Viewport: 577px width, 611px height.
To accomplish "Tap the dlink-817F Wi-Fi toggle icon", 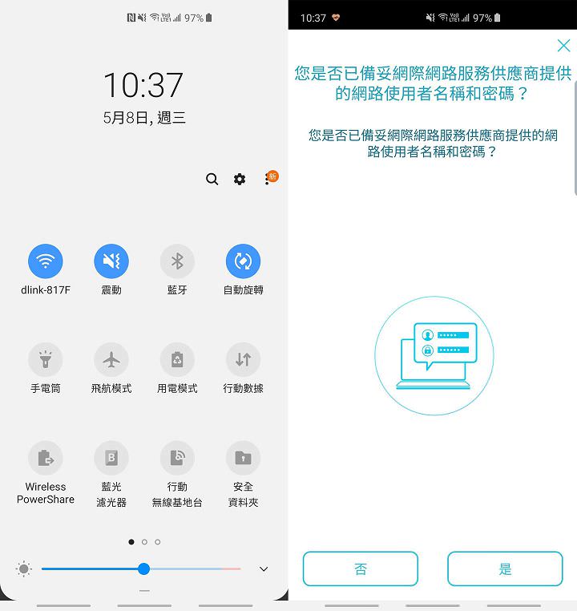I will pyautogui.click(x=46, y=261).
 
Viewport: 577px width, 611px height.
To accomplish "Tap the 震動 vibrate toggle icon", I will pyautogui.click(x=111, y=261).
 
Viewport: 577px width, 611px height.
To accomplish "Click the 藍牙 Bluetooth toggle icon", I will pyautogui.click(x=177, y=261).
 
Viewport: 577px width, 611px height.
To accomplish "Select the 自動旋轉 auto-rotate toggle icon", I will pyautogui.click(x=243, y=261).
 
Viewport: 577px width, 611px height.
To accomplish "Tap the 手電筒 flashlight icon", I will pyautogui.click(x=46, y=360).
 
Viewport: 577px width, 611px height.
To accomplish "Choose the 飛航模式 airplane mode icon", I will pyautogui.click(x=111, y=360).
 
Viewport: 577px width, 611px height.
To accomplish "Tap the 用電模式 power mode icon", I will pyautogui.click(x=177, y=360).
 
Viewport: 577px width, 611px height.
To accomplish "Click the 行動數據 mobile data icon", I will pyautogui.click(x=243, y=360).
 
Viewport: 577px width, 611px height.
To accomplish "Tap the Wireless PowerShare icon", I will pyautogui.click(x=46, y=459).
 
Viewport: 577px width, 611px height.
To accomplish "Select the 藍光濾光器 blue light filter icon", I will pyautogui.click(x=111, y=459).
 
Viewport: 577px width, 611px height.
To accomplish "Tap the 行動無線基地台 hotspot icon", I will pyautogui.click(x=177, y=459).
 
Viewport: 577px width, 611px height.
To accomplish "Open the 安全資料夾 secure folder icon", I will pyautogui.click(x=243, y=459).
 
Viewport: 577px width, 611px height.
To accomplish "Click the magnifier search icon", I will pyautogui.click(x=212, y=179).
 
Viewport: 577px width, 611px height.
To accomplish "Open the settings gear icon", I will pyautogui.click(x=240, y=179).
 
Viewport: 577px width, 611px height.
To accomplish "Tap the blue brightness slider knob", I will pyautogui.click(x=143, y=569).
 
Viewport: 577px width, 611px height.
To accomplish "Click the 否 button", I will pyautogui.click(x=361, y=569).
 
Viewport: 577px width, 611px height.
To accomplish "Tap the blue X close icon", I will pyautogui.click(x=563, y=46).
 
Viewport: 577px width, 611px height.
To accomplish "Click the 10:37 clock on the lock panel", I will pyautogui.click(x=143, y=85).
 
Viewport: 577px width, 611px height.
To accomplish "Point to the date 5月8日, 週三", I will pyautogui.click(x=144, y=118).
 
